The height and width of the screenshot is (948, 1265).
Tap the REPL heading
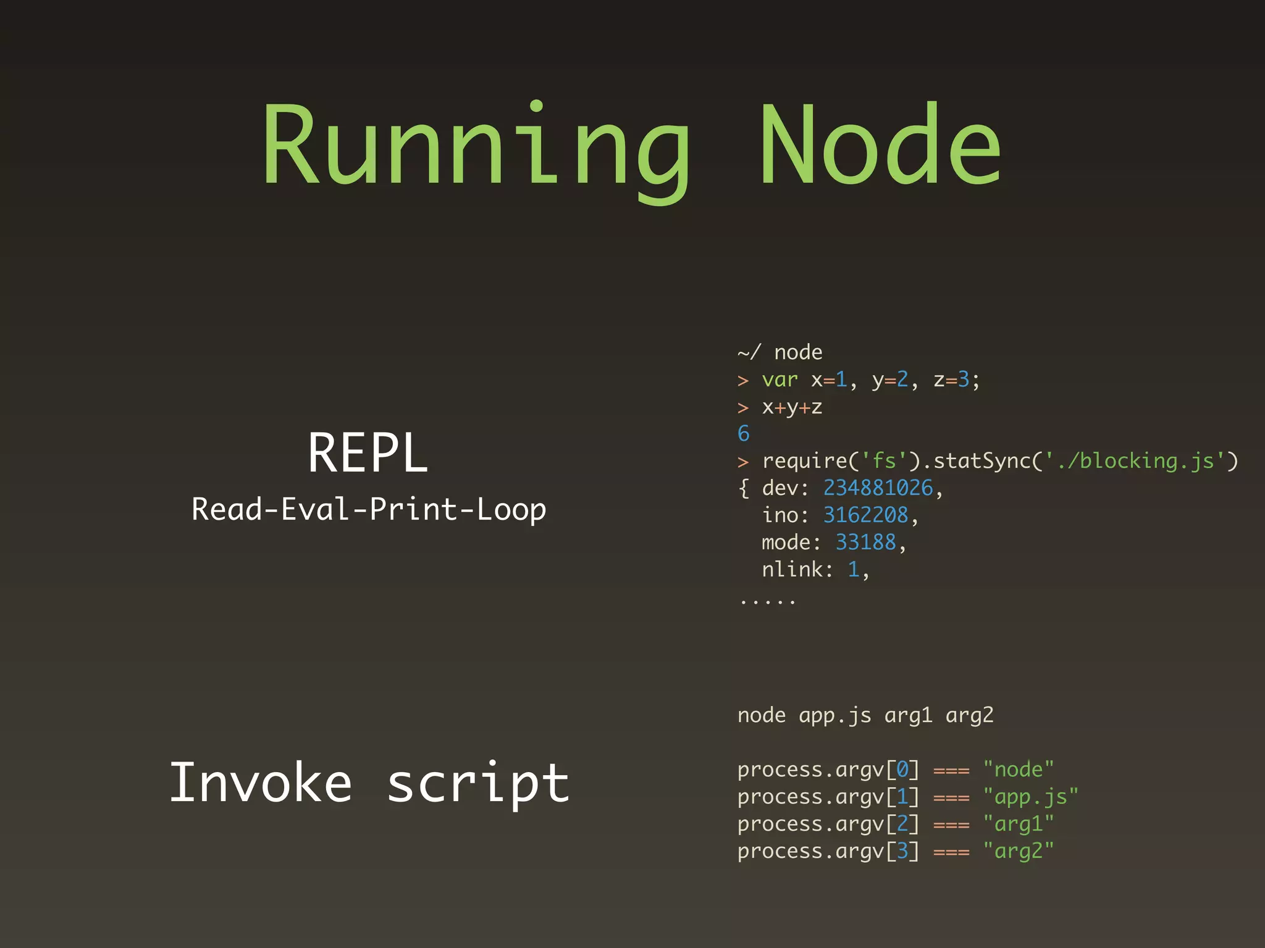tap(368, 453)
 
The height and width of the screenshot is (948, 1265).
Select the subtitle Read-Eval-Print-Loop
tap(369, 510)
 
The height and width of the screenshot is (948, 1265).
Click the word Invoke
tap(261, 783)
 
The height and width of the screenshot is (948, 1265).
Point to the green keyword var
tap(780, 380)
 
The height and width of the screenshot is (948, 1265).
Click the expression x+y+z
tap(792, 407)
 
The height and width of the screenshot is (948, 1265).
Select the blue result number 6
tap(744, 434)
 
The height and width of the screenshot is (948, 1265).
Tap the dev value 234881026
tap(878, 488)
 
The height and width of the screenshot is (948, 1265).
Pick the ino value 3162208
tap(865, 515)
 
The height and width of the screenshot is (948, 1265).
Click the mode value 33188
tap(865, 543)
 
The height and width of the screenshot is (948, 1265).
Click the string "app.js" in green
tap(1030, 797)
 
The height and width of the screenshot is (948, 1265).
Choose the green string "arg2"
tap(1019, 851)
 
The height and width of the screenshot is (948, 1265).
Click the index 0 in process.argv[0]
tap(902, 770)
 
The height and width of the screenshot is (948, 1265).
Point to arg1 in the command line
tap(908, 715)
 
